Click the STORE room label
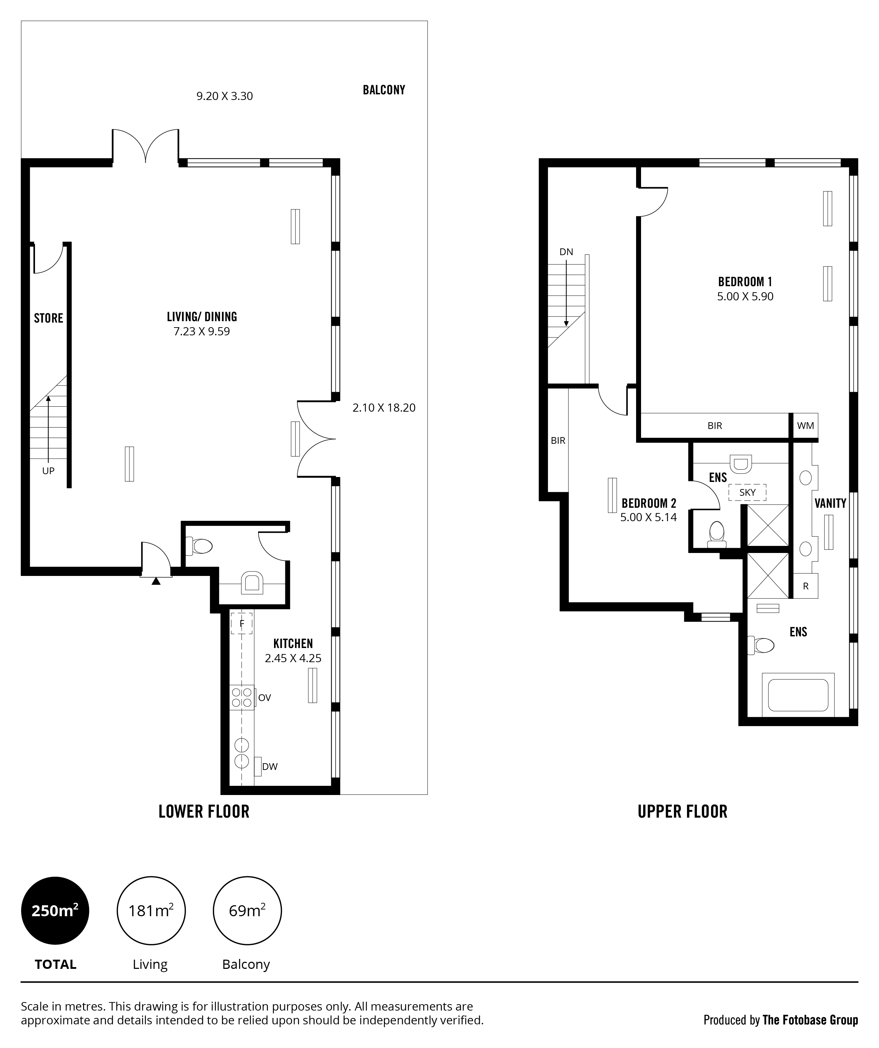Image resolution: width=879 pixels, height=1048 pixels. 48,318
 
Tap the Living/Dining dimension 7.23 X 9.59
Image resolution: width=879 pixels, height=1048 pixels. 202,332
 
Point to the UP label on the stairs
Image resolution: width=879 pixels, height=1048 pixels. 48,471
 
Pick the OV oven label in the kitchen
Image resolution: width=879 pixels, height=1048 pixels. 265,698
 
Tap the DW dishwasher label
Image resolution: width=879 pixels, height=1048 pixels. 270,766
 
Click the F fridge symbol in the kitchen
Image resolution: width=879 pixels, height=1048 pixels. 242,623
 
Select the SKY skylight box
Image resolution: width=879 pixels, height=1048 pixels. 747,493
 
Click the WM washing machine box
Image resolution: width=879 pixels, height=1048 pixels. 805,426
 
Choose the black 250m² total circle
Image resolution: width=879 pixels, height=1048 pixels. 55,911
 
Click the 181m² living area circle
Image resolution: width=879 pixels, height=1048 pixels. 151,911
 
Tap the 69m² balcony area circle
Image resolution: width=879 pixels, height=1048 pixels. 247,911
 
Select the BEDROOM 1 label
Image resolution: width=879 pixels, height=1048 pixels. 745,282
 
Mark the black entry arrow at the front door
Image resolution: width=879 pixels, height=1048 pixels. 156,581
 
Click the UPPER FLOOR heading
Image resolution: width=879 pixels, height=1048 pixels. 682,812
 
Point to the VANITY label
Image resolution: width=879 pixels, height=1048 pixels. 830,504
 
